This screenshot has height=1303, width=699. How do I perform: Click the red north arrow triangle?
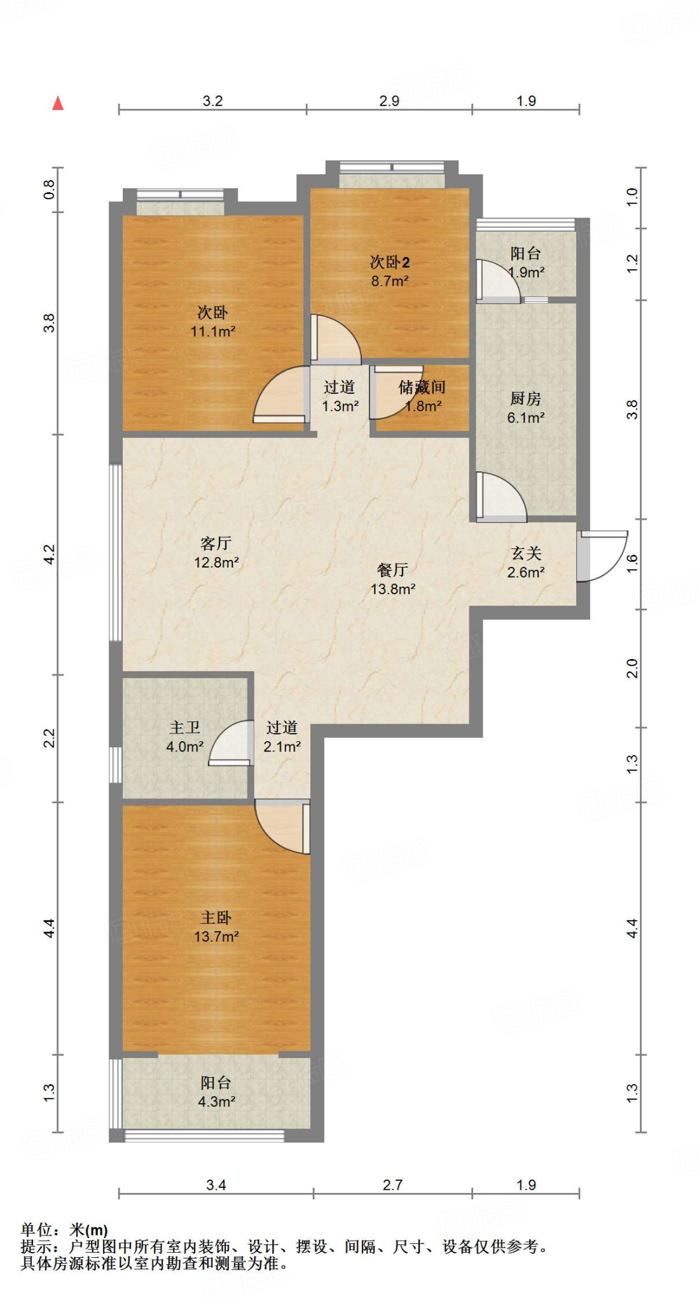point(58,103)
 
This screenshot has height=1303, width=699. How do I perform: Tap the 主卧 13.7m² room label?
point(216,926)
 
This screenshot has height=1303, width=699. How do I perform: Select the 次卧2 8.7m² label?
point(390,271)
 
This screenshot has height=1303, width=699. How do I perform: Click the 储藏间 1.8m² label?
point(422,396)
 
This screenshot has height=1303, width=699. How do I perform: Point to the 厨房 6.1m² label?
point(525,408)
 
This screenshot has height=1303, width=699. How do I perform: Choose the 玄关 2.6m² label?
point(526,562)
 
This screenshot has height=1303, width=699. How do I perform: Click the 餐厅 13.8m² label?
point(392,579)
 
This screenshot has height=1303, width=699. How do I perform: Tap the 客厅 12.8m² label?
point(216,552)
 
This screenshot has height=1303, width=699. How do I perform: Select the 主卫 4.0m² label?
point(185,737)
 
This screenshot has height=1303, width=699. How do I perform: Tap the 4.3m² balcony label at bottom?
point(216,1092)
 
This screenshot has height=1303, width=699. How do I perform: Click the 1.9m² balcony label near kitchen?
point(526,262)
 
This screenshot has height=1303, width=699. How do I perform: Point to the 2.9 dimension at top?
point(389,101)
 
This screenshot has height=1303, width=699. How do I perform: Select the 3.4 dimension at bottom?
point(216,1185)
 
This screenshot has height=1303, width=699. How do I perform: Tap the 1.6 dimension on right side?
point(632,563)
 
